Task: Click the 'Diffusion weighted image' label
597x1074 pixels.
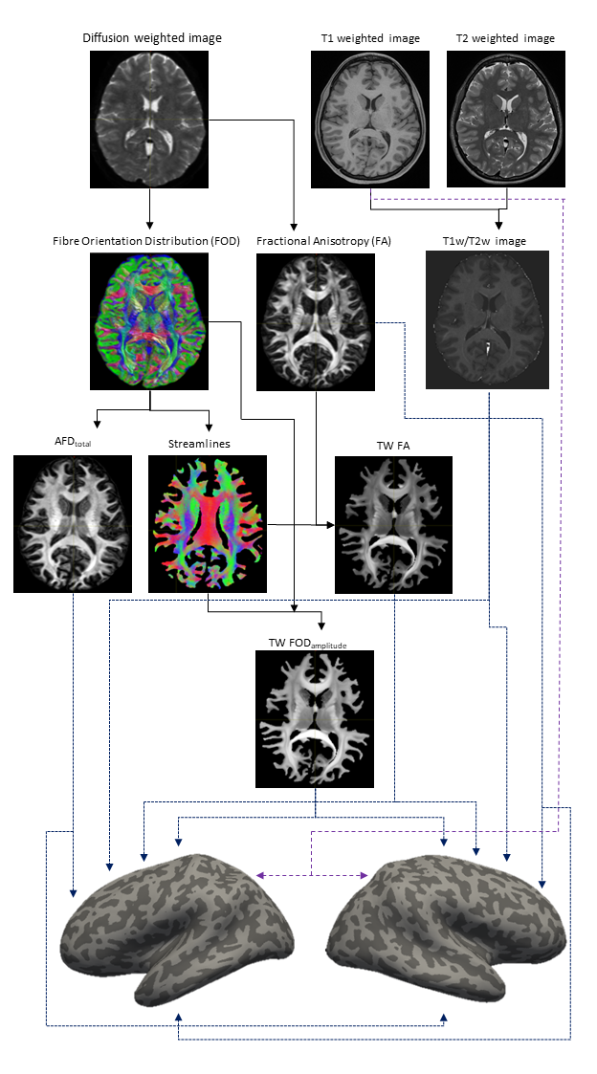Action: click(x=152, y=38)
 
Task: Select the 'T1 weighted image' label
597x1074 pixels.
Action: click(x=370, y=38)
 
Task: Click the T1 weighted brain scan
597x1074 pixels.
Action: click(x=370, y=119)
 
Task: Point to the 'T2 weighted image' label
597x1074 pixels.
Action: click(x=506, y=38)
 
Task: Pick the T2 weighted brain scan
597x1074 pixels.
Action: click(x=505, y=119)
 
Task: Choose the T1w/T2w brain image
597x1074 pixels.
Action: click(x=487, y=319)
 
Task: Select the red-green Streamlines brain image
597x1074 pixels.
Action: click(x=208, y=524)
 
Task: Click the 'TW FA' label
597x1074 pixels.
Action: click(x=393, y=445)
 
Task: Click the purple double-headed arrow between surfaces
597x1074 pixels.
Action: click(x=311, y=875)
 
